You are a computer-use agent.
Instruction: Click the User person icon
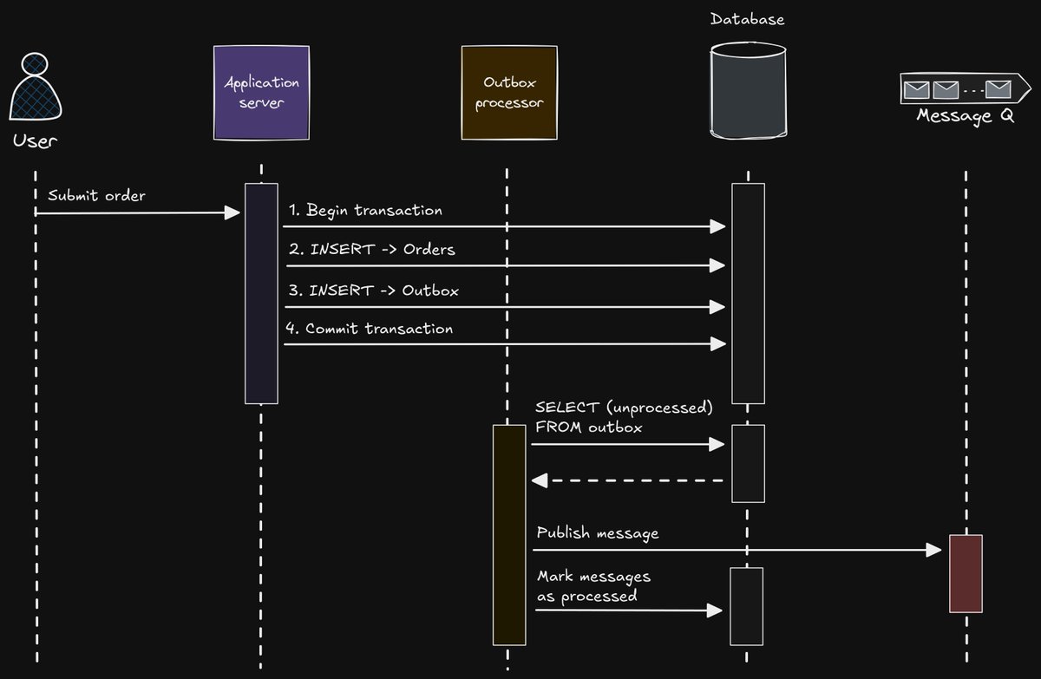point(36,88)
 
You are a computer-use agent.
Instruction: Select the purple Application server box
point(261,94)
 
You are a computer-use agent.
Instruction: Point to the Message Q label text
point(965,116)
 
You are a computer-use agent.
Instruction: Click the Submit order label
point(95,195)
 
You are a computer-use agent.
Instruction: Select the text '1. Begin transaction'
point(365,211)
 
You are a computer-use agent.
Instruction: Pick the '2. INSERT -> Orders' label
point(371,250)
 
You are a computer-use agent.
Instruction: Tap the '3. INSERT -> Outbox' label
point(373,290)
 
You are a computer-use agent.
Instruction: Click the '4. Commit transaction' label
point(370,329)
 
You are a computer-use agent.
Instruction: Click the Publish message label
point(598,532)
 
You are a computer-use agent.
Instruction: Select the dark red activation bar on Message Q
point(966,573)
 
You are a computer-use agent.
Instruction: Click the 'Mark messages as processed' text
point(593,586)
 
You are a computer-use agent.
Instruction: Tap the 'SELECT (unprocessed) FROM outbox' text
point(624,416)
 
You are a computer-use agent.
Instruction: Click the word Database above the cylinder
point(747,18)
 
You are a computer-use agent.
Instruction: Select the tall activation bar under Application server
point(261,293)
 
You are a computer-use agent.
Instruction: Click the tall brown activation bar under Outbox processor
point(509,534)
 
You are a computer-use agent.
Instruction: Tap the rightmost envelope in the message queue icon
point(998,88)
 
